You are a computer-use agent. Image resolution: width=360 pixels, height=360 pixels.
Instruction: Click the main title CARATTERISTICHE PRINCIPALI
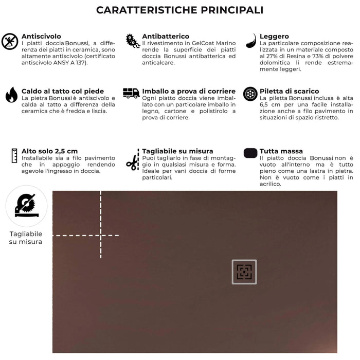click(x=180, y=10)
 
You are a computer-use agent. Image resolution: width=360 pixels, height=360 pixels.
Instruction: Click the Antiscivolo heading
click(x=41, y=37)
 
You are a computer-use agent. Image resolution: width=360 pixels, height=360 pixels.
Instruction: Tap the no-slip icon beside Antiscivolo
click(x=10, y=41)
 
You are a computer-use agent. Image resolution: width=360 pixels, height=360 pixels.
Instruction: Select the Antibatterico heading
click(x=166, y=37)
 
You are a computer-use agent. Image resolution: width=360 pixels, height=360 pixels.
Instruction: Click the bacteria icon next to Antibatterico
click(x=132, y=41)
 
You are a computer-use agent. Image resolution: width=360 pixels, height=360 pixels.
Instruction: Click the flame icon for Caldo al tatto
click(x=11, y=95)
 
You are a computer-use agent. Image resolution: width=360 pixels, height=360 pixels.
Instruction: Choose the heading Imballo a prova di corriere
click(x=189, y=91)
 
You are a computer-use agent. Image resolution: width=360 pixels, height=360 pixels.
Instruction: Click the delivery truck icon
click(x=131, y=93)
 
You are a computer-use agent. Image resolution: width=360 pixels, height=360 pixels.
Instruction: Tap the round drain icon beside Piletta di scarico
click(x=250, y=94)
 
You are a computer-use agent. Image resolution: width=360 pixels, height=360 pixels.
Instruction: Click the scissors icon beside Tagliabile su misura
click(x=132, y=163)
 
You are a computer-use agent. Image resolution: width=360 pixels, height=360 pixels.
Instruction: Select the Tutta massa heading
click(x=281, y=151)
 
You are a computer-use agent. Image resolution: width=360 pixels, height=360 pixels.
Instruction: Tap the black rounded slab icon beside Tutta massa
click(x=250, y=153)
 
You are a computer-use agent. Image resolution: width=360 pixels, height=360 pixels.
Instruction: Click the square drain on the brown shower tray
click(x=244, y=272)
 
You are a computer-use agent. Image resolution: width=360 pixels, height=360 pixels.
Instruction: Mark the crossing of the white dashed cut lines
click(x=101, y=236)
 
